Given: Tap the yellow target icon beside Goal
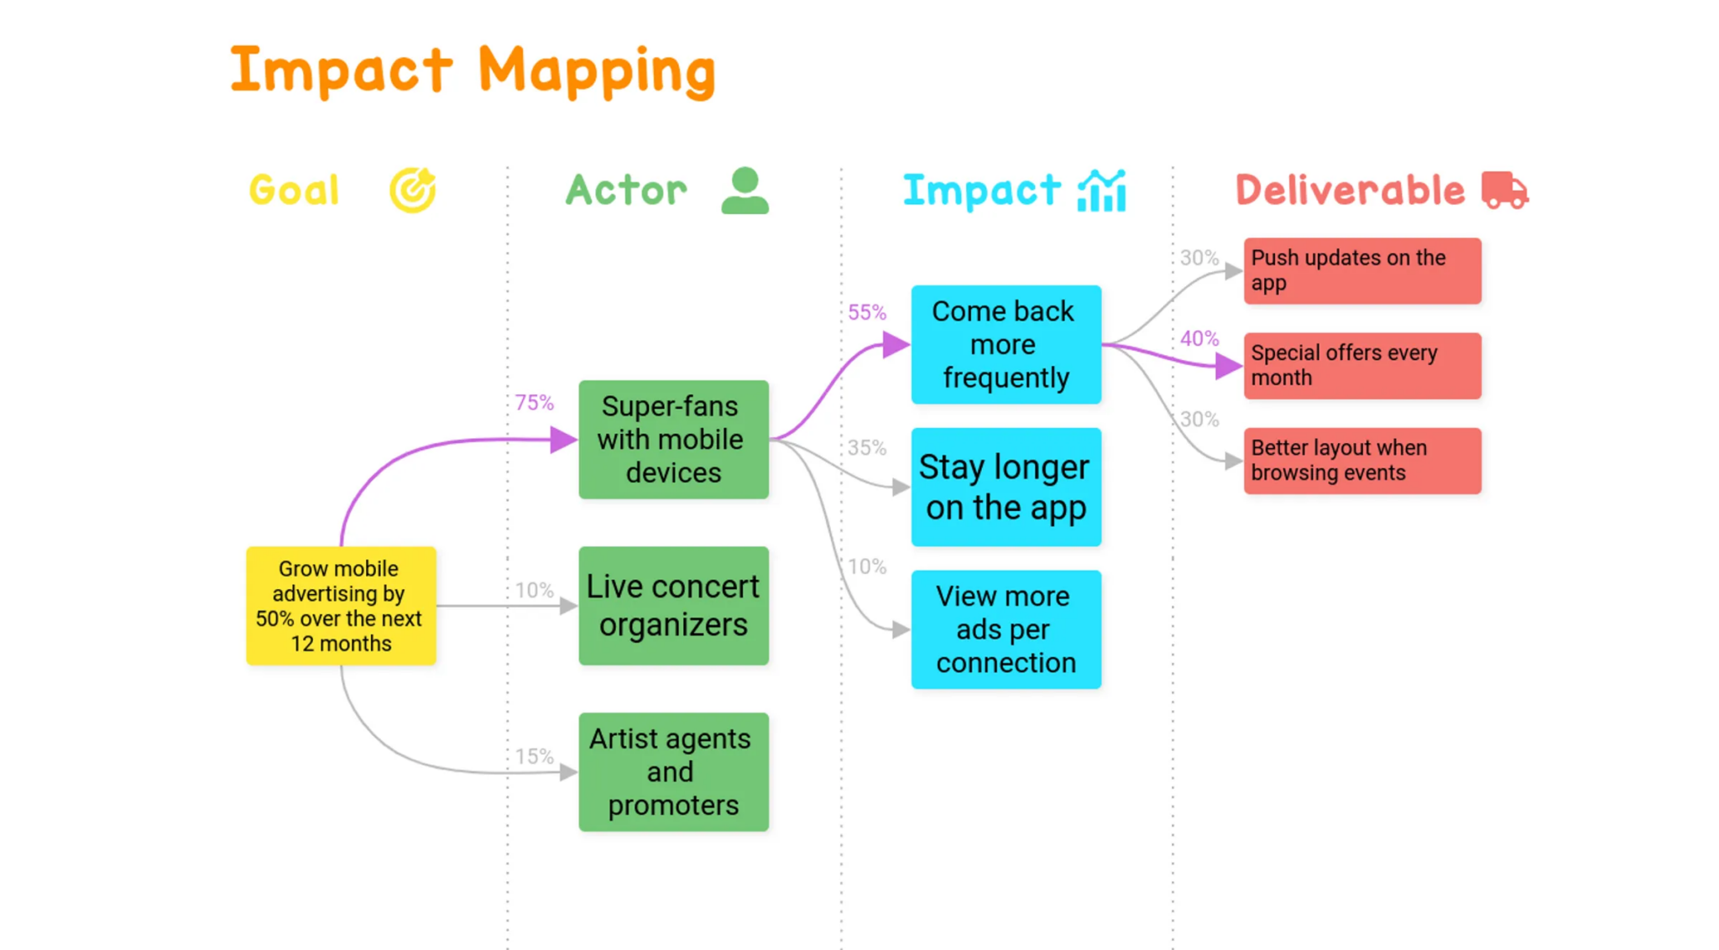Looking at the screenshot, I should click(x=412, y=191).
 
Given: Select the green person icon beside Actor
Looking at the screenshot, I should click(x=745, y=191).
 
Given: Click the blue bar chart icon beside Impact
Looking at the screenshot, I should click(x=1101, y=191).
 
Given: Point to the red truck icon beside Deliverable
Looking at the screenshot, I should click(x=1504, y=191).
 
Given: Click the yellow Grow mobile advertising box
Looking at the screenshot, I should click(x=341, y=605).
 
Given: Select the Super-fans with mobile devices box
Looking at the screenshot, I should click(x=673, y=439).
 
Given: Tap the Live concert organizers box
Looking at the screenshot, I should click(x=673, y=605).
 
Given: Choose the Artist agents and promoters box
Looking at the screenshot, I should click(x=673, y=771).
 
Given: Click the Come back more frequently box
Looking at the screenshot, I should click(x=1006, y=344).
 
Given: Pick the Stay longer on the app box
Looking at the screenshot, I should click(x=1006, y=487).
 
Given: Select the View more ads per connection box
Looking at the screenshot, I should click(x=1006, y=629).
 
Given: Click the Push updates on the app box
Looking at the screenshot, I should click(x=1361, y=270).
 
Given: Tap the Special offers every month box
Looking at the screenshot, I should click(x=1361, y=365).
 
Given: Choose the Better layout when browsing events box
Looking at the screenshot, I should click(x=1361, y=460).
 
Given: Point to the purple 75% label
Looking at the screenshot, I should click(x=535, y=403).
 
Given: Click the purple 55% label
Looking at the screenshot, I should click(x=867, y=312).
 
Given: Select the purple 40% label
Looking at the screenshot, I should click(x=1199, y=338).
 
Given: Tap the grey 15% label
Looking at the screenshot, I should click(x=535, y=756).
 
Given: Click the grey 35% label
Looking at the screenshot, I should click(x=867, y=447).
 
